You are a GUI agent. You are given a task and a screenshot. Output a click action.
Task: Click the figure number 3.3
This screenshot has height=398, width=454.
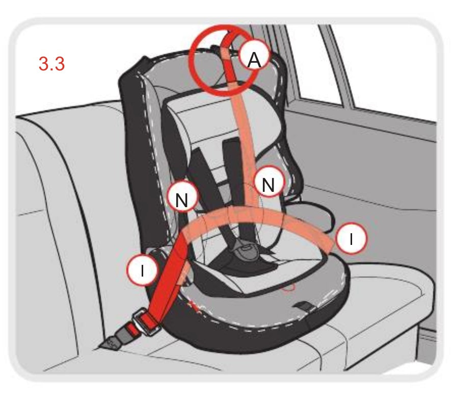pos(51,63)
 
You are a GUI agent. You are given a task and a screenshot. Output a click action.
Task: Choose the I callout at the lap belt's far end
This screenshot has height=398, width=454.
pos(351,239)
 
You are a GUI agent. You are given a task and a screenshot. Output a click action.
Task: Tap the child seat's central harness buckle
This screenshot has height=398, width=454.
pos(245,250)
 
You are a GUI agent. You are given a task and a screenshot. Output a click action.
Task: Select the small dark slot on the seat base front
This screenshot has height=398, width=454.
pos(303,305)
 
